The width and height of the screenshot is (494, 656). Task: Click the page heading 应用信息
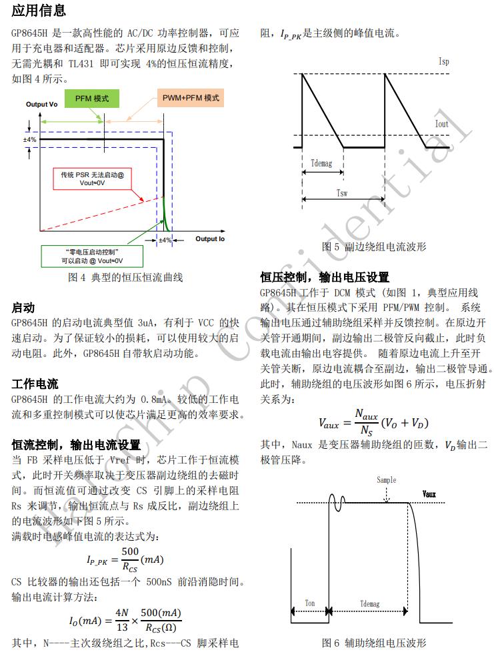[39, 10]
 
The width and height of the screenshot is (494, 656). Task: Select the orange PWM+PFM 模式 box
[191, 99]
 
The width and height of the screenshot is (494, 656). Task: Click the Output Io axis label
[210, 238]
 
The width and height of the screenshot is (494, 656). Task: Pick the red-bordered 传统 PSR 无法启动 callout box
[91, 178]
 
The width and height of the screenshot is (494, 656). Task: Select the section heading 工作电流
[35, 384]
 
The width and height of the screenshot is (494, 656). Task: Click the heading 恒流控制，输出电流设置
[77, 444]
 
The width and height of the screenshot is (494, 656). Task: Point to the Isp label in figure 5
[443, 61]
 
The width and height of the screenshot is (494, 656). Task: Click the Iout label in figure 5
[441, 125]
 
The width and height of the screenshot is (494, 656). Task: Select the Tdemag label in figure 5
[322, 163]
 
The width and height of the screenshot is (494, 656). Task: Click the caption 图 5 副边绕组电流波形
[373, 247]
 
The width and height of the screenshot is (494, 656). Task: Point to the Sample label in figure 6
[386, 480]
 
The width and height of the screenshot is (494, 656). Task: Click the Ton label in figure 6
[310, 603]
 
